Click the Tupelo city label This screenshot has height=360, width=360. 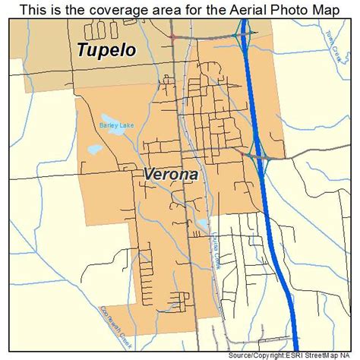(x=106, y=51)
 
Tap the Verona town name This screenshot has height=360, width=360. (x=171, y=174)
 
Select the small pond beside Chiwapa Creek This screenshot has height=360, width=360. (x=202, y=223)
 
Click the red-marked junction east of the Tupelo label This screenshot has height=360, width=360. (x=174, y=37)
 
